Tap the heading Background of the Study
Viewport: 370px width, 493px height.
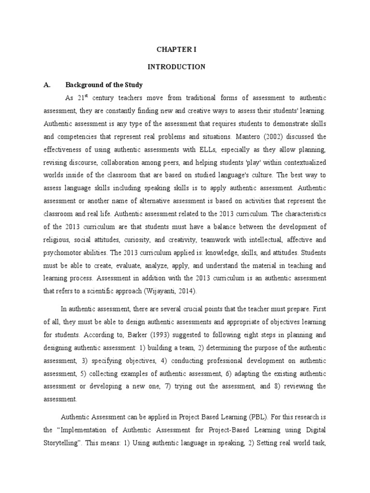(x=104, y=85)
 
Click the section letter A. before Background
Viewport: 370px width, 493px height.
(x=47, y=85)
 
